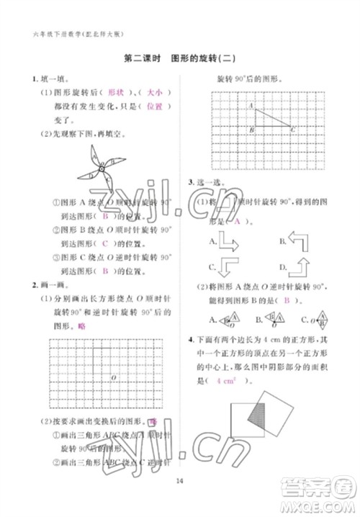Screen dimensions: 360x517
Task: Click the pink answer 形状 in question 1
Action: pyautogui.click(x=116, y=93)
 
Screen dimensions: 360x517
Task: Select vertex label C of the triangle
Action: pyautogui.click(x=292, y=130)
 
